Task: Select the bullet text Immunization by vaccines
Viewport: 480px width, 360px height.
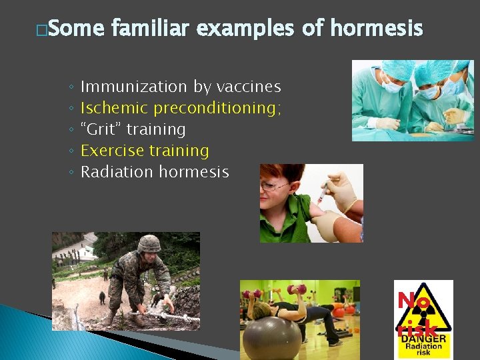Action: pos(180,87)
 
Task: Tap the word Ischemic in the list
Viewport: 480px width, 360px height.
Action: pos(114,108)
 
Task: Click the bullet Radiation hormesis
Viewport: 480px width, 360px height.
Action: pos(154,172)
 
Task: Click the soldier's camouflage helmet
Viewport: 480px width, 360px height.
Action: pos(149,243)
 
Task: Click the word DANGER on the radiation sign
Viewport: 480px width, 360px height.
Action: pos(423,339)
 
